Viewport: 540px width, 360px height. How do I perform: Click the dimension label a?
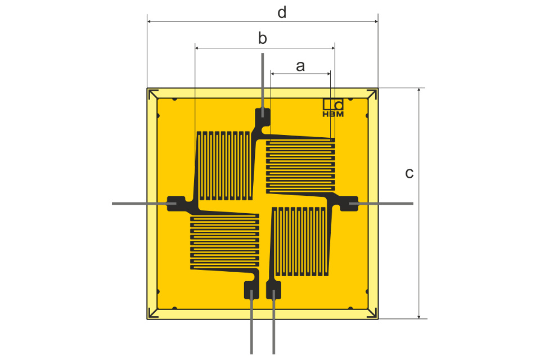point(300,66)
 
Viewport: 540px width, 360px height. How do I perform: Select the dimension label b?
point(262,39)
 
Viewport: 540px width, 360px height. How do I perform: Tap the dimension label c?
point(409,173)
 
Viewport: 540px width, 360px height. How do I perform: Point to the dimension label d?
point(282,13)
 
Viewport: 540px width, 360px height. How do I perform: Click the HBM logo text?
point(333,114)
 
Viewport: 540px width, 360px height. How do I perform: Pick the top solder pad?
point(263,117)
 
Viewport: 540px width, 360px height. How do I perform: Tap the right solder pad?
point(349,203)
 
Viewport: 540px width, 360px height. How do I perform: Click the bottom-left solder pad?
point(250,290)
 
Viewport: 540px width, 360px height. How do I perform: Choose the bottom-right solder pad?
point(273,290)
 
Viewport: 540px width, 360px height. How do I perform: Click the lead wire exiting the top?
point(262,79)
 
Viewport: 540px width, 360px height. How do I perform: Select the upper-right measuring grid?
point(300,165)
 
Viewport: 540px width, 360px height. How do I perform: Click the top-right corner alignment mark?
point(372,94)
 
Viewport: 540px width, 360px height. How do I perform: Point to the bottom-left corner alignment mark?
point(152,313)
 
